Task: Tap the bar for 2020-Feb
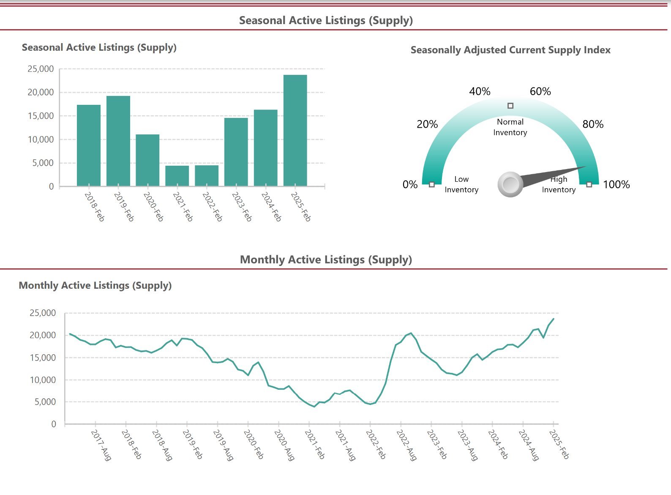tap(147, 160)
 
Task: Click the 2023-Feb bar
tap(236, 152)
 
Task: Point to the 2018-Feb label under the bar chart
tap(94, 206)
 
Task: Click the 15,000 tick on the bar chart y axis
tap(41, 116)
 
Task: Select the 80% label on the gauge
tap(593, 124)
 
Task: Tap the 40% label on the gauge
tap(480, 91)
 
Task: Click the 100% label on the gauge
tap(616, 184)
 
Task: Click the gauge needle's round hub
tap(510, 184)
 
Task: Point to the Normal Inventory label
tap(510, 127)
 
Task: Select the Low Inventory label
tap(461, 184)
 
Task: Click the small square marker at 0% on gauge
tap(431, 184)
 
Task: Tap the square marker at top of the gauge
tap(510, 106)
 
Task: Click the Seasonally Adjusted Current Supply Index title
tap(510, 50)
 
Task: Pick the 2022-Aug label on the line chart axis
tap(406, 445)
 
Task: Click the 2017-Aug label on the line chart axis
tap(101, 445)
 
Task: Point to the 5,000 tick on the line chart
tap(45, 402)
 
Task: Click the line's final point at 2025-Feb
tap(554, 319)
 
